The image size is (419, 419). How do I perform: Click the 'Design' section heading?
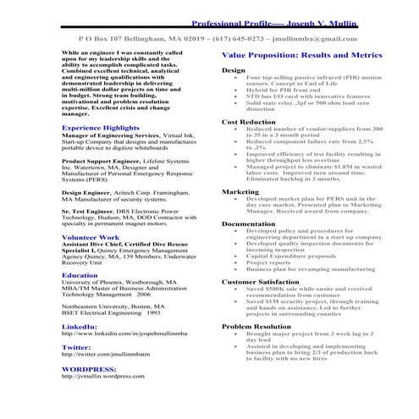tap(233, 70)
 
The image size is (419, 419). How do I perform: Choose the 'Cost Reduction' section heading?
tap(249, 122)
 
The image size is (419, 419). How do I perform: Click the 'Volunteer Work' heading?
tap(91, 238)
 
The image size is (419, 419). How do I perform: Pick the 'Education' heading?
tap(80, 275)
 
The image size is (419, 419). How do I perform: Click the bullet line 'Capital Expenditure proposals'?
tap(290, 256)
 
